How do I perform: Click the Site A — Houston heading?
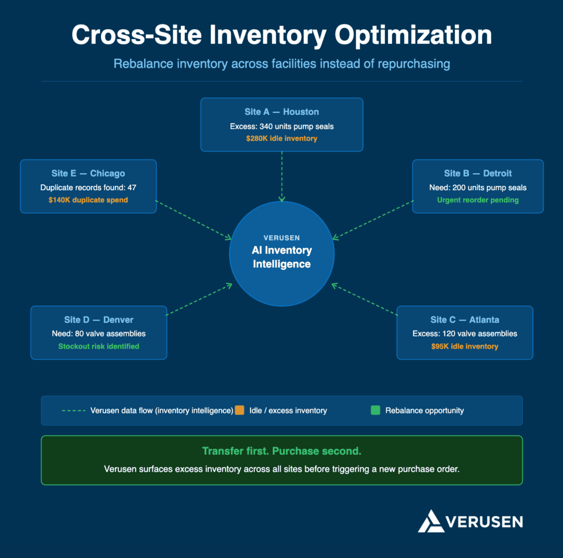tap(281, 112)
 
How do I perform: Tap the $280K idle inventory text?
tap(281, 139)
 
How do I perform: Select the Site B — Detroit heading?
tap(478, 173)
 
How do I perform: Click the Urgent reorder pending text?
tap(478, 200)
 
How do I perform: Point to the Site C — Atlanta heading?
tap(465, 319)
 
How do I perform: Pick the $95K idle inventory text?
tap(465, 346)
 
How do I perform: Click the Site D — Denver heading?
tap(98, 319)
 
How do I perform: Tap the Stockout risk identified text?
tap(98, 346)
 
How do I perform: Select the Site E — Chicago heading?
tap(88, 173)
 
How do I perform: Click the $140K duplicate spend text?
tap(88, 200)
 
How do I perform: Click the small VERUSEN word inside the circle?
tap(281, 237)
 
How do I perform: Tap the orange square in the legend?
tap(239, 410)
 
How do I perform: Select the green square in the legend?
tap(376, 410)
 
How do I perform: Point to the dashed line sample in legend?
tap(73, 411)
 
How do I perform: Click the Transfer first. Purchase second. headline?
tap(281, 451)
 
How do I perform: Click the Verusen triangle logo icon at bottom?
tap(430, 521)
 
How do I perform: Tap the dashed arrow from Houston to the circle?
tap(281, 176)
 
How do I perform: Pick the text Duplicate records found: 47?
tap(88, 187)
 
